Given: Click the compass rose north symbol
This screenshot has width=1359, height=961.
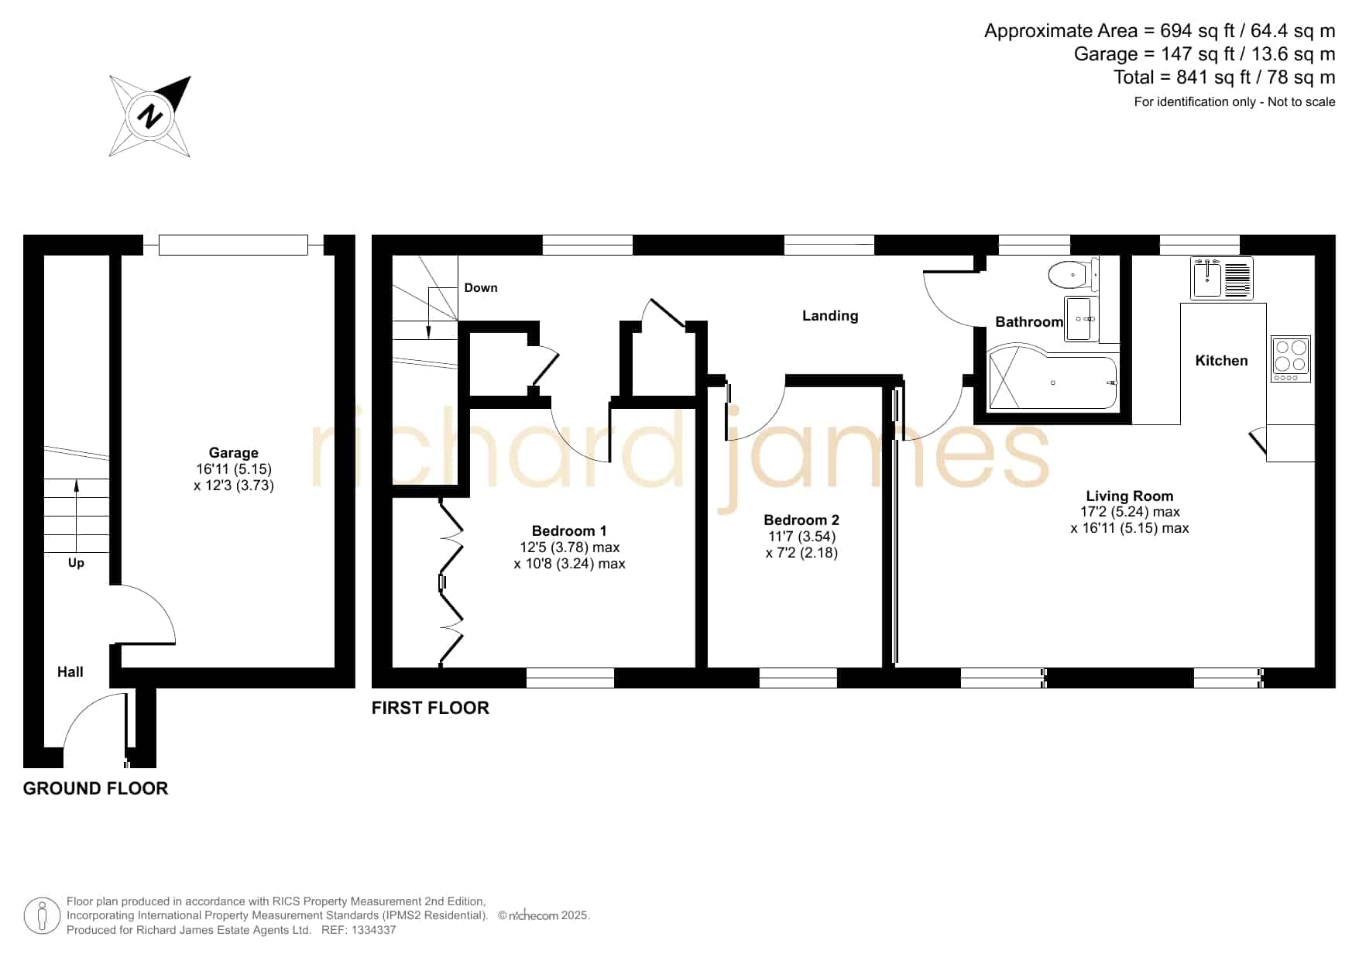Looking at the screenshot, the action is (150, 116).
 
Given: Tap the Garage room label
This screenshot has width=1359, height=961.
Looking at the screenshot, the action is (233, 453).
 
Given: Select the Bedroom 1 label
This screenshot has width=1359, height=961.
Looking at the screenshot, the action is (569, 531).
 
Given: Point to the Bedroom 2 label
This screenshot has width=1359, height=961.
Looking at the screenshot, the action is (801, 520).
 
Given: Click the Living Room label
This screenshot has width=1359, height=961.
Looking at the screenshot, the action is (1129, 496).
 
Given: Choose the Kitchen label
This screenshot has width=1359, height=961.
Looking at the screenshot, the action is (1221, 361).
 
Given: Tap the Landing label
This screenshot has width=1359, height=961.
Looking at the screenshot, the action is (830, 316).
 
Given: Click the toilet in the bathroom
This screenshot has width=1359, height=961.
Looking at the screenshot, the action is (1073, 274).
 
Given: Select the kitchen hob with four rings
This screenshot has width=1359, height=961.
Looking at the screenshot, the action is (1290, 359).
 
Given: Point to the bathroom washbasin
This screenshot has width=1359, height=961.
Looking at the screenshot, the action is (1081, 318).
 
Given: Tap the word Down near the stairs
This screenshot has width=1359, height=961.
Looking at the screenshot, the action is (481, 288).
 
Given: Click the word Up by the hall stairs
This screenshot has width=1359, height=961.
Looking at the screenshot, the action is (76, 563).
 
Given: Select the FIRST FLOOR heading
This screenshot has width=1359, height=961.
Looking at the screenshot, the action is (431, 708).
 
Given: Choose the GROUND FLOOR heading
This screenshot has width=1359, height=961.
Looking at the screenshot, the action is (96, 788).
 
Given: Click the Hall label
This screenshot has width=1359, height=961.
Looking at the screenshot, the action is (70, 672).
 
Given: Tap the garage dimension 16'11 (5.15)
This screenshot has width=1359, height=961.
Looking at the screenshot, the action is (234, 469).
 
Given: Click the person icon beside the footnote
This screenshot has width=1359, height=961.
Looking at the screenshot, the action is (42, 916).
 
